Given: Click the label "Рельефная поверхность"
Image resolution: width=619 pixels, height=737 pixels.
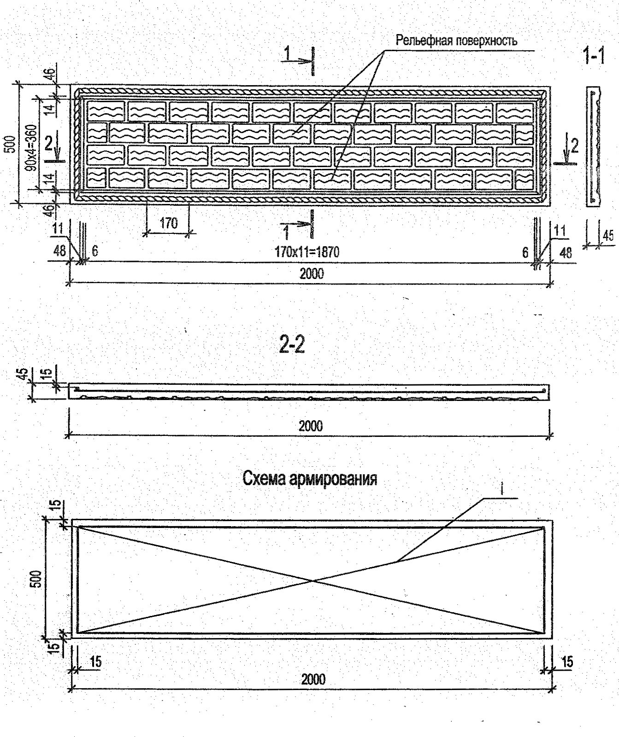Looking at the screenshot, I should tap(456, 41).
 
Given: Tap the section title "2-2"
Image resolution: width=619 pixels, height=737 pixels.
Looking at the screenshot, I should tap(292, 345).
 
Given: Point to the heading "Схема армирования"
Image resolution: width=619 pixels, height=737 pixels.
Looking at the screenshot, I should tap(310, 479).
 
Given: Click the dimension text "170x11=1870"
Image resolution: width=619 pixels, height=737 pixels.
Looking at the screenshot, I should tap(307, 252).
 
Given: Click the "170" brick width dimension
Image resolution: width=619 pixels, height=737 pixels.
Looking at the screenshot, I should tap(168, 224).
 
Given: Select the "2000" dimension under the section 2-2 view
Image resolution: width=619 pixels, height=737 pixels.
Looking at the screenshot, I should tap(310, 426).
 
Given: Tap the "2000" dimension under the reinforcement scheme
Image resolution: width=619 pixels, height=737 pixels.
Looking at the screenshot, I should tap(313, 679).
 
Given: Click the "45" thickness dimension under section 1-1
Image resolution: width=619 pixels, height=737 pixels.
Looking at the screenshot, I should tap(608, 235).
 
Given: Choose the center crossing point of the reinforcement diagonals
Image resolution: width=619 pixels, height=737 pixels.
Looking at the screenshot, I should tap(313, 580).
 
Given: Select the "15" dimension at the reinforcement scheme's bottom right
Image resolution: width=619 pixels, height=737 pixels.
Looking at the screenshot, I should tap(567, 662).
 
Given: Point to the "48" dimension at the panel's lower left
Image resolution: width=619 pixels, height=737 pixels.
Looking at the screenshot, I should tap(59, 251).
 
